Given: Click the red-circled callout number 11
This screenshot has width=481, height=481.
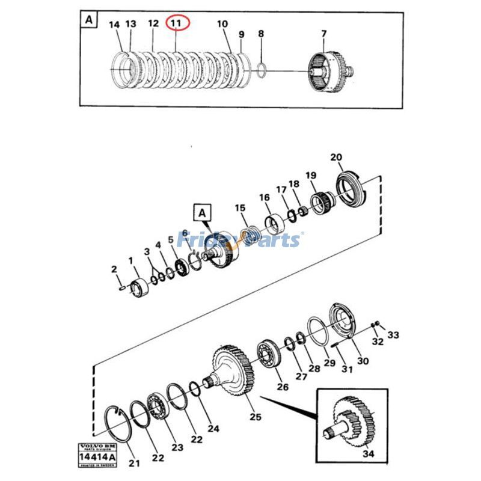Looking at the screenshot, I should tap(176, 23).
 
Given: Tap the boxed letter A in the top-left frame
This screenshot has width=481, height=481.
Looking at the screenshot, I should tap(89, 20).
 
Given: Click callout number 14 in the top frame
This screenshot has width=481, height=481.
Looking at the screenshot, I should tap(114, 24).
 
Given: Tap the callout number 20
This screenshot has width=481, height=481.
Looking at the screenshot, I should tap(336, 158).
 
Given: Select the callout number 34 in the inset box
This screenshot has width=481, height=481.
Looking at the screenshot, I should tap(368, 455).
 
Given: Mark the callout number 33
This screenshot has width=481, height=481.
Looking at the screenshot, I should tap(392, 334).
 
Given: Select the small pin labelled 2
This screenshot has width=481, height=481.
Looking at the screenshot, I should tap(122, 287).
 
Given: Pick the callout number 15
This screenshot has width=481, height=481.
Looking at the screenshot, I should tap(240, 208).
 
